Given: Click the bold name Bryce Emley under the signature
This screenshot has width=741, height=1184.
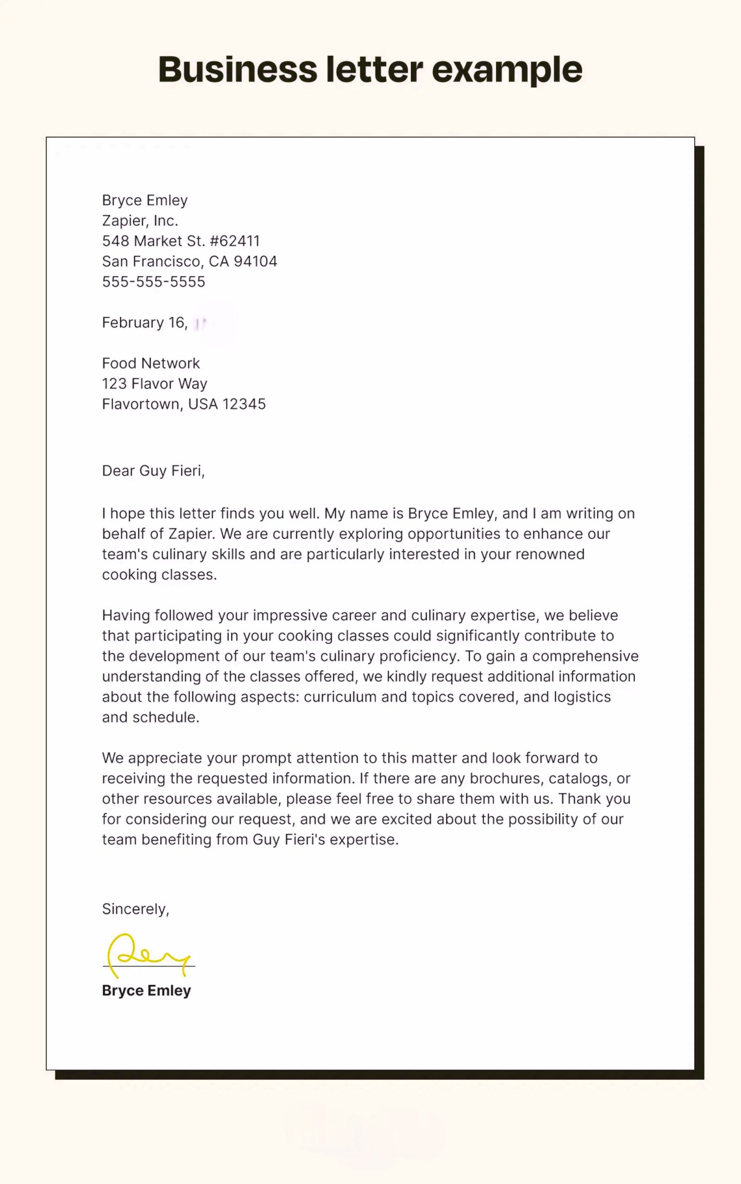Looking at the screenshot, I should click(146, 990).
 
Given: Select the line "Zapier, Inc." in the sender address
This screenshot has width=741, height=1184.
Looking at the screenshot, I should click(140, 221).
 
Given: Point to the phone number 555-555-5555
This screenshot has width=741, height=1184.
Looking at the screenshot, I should click(153, 282).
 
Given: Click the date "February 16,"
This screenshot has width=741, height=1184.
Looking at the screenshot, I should click(145, 323).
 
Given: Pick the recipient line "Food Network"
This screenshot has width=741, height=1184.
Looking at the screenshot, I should click(150, 363).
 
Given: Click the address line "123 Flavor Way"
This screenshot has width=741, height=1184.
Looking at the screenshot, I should click(154, 383).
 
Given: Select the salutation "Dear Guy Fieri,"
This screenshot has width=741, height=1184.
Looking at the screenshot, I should click(153, 471).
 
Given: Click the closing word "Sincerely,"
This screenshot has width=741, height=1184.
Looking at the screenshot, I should click(135, 909).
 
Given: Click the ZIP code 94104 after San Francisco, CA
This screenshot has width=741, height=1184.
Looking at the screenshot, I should click(255, 261).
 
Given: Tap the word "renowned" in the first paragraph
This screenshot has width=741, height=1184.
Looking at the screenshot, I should click(550, 554).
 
